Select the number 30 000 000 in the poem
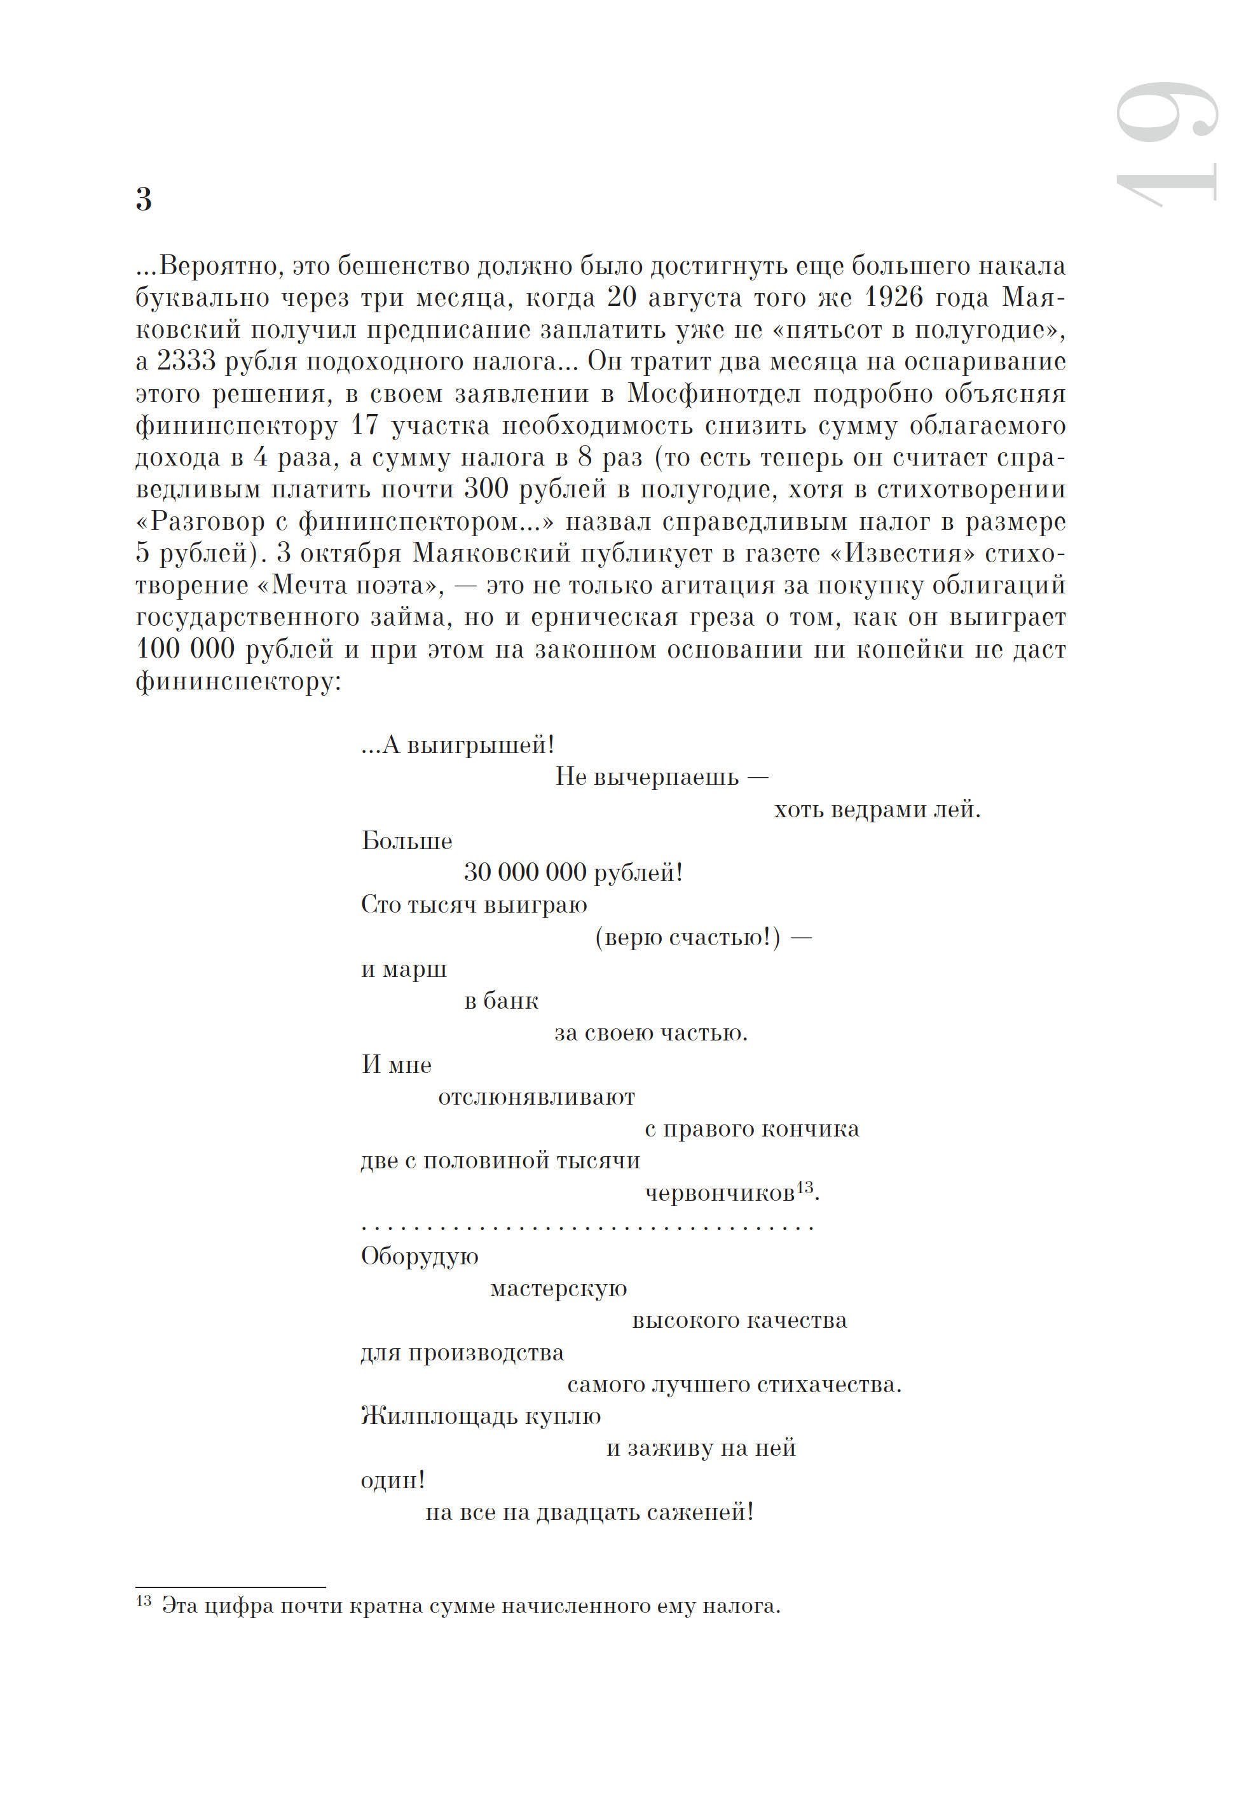pyautogui.click(x=525, y=873)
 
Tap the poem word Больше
pyautogui.click(x=407, y=841)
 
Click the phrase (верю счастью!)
pyautogui.click(x=688, y=937)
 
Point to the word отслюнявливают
pyautogui.click(x=537, y=1097)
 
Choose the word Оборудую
pyautogui.click(x=419, y=1256)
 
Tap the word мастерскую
pyautogui.click(x=558, y=1289)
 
